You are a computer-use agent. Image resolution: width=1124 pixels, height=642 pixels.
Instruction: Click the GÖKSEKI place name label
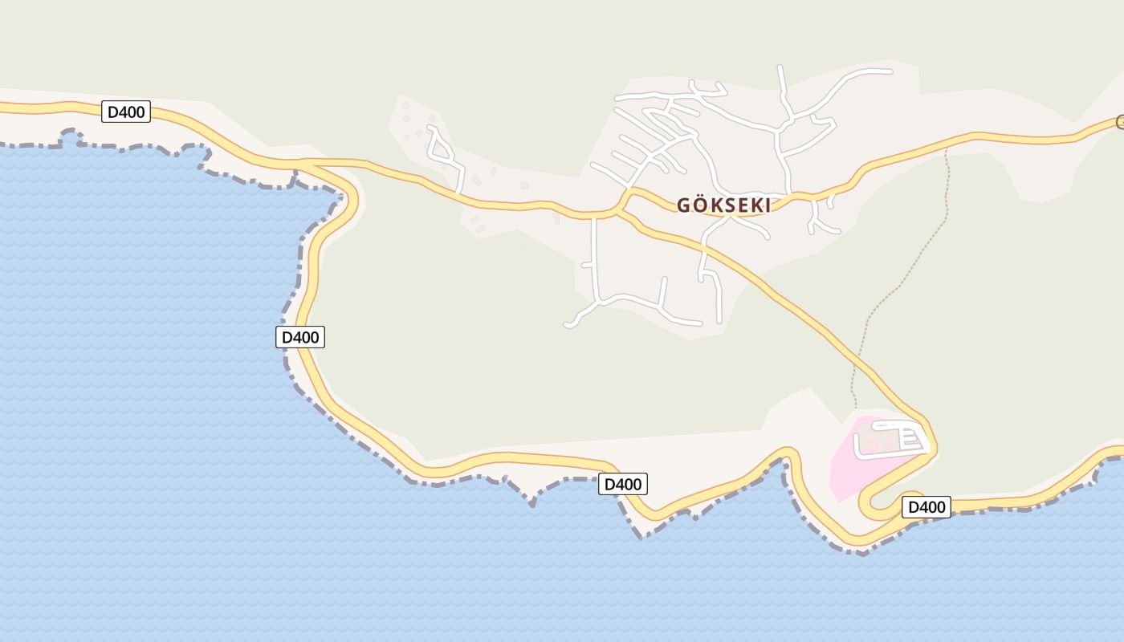(723, 205)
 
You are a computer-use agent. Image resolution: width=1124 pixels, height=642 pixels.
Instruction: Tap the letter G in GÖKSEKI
(684, 205)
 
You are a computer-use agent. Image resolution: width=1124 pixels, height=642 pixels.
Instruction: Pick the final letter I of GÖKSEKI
(767, 205)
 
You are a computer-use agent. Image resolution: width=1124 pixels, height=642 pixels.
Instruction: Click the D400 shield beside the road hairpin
(926, 507)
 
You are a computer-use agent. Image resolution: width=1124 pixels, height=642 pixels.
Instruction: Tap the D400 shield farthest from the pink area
(126, 112)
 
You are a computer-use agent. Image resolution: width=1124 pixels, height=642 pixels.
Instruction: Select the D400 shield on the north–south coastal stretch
(300, 337)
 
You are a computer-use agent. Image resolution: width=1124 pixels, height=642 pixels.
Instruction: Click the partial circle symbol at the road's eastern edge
(1120, 122)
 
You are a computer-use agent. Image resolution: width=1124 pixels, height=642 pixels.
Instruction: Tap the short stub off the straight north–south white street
(587, 264)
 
